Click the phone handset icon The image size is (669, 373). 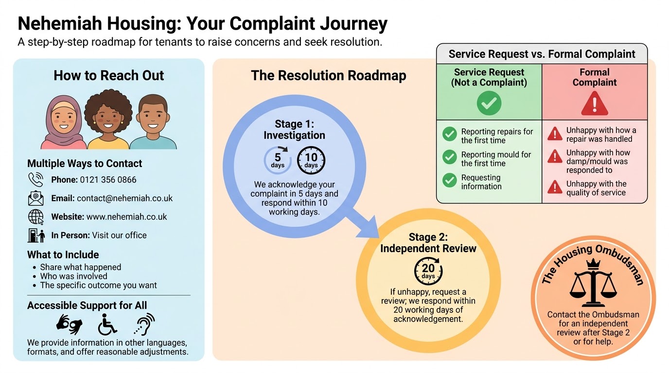[x=35, y=180]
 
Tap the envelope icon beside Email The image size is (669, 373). [x=35, y=198]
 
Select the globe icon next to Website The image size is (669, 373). [x=36, y=217]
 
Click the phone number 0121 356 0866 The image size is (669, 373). [x=108, y=180]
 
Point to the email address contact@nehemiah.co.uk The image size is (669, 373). [x=124, y=198]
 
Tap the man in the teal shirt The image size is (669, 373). [x=153, y=122]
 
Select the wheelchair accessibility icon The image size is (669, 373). [x=107, y=324]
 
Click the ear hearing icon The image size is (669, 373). [x=144, y=324]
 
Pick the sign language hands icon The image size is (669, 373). [x=70, y=324]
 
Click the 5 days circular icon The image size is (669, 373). [x=278, y=160]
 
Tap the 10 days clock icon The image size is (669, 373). [x=311, y=160]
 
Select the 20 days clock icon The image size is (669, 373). [x=428, y=271]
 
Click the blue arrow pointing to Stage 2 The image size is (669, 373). [x=363, y=223]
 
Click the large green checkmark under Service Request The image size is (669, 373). [x=489, y=103]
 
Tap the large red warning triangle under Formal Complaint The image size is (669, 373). [x=594, y=103]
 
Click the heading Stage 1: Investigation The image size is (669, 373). [x=294, y=130]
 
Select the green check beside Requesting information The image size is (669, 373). [x=449, y=180]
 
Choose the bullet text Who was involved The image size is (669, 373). [x=73, y=276]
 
